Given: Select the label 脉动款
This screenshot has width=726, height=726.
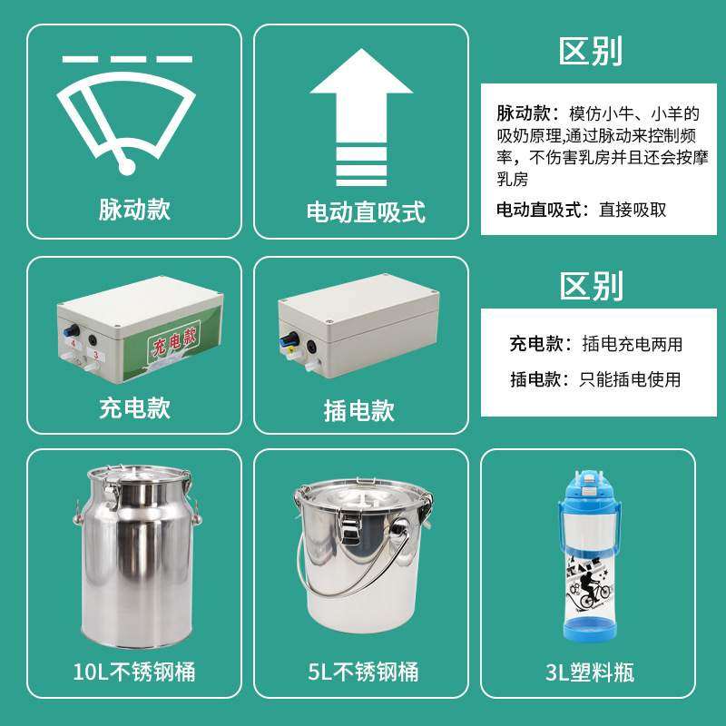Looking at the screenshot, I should (x=134, y=210).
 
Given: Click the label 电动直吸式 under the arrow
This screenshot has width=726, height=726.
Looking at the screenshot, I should (x=366, y=212).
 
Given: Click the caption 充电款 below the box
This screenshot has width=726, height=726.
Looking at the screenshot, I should (x=134, y=407).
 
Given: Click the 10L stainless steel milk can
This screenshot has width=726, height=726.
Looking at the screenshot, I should (x=134, y=554).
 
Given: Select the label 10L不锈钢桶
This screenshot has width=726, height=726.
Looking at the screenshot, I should (x=134, y=672).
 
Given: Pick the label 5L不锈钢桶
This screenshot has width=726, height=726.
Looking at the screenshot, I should (x=363, y=672).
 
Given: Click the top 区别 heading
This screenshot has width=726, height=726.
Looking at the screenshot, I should (x=591, y=52).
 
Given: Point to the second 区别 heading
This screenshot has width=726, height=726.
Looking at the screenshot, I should (x=591, y=286).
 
